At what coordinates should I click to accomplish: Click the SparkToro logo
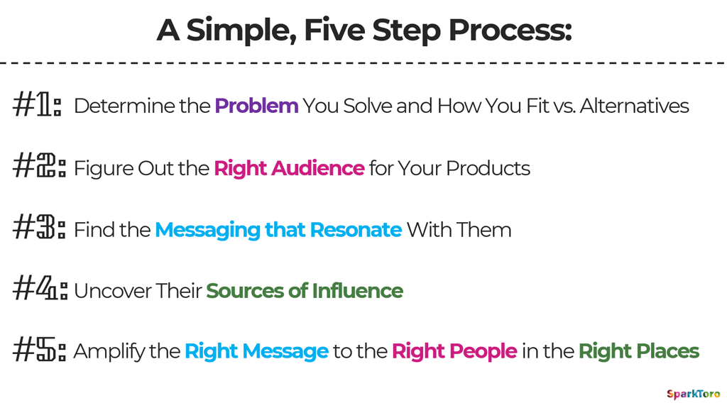pyautogui.click(x=693, y=394)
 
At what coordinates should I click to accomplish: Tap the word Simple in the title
pyautogui.click(x=241, y=31)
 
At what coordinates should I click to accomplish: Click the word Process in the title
pyautogui.click(x=510, y=31)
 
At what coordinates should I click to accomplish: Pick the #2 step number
pyautogui.click(x=39, y=166)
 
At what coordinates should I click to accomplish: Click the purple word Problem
pyautogui.click(x=256, y=106)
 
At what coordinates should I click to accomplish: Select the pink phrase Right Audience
pyautogui.click(x=290, y=169)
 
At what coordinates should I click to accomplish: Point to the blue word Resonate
pyautogui.click(x=356, y=230)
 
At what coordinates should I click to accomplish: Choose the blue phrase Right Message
pyautogui.click(x=257, y=351)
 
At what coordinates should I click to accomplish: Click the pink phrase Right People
pyautogui.click(x=454, y=351)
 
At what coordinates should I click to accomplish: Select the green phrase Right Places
pyautogui.click(x=639, y=351)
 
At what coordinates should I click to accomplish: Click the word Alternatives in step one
pyautogui.click(x=634, y=106)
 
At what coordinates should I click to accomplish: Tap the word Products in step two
pyautogui.click(x=488, y=168)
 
